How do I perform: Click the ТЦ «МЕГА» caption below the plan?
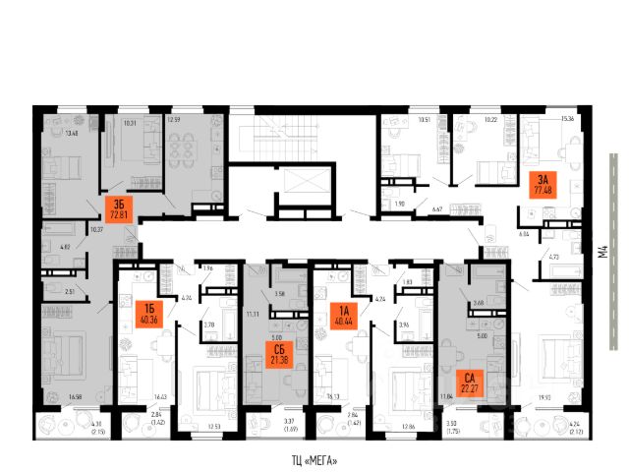316,460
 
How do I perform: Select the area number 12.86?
409,425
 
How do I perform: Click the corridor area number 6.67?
439,208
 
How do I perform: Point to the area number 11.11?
252,314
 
